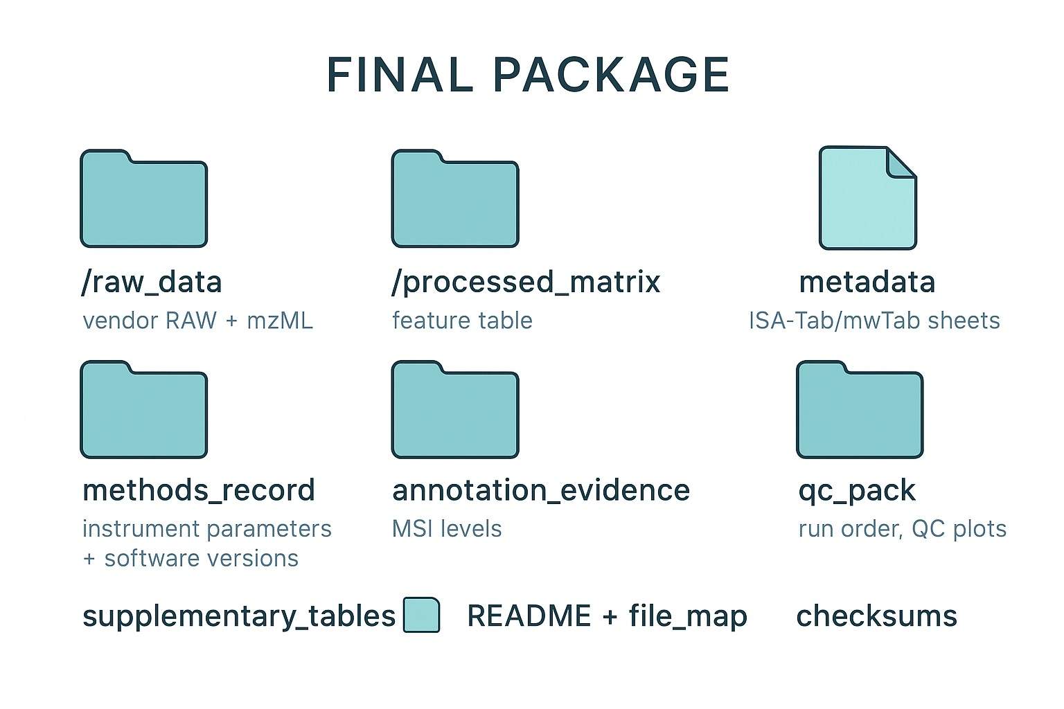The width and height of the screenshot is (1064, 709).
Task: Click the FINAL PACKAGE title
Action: [x=528, y=75]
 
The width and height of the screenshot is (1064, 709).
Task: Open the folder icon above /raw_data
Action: [x=144, y=201]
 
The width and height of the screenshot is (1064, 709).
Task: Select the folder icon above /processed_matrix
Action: [x=455, y=201]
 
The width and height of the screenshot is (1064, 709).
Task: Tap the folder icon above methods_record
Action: [x=144, y=411]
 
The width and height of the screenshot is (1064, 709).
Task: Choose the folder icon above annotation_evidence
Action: [x=455, y=411]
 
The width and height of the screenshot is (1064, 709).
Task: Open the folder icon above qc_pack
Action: [x=860, y=411]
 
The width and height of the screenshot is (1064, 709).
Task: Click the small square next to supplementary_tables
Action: [x=421, y=615]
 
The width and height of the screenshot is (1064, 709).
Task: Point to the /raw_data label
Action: [x=152, y=282]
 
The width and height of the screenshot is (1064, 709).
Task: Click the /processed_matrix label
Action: [x=526, y=282]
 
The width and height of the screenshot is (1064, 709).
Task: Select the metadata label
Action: [x=867, y=282]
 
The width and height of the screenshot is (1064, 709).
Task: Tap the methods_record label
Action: [x=199, y=490]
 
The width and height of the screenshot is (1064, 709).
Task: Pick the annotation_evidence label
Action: [x=541, y=490]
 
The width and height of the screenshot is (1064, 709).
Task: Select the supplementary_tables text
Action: [x=238, y=616]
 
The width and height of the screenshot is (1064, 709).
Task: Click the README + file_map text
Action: [x=607, y=616]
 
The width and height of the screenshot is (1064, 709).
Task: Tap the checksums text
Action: [x=876, y=616]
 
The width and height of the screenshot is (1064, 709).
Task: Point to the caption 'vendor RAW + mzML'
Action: [x=197, y=321]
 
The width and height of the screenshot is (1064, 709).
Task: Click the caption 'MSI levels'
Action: [x=447, y=529]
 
